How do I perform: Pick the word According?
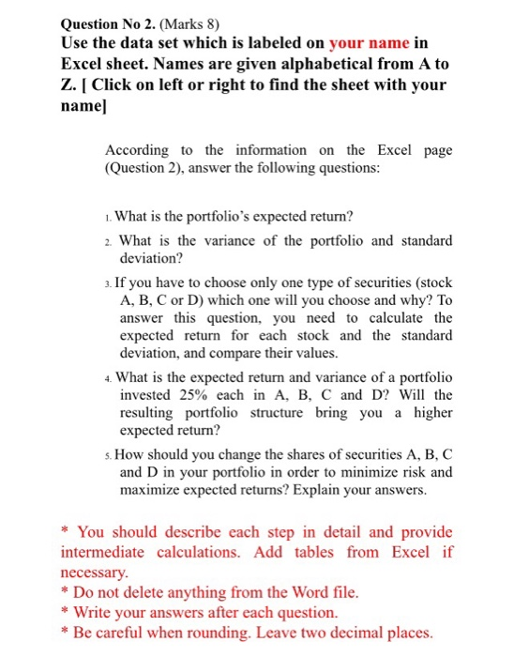[x=137, y=150]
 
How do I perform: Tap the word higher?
[x=433, y=413]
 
